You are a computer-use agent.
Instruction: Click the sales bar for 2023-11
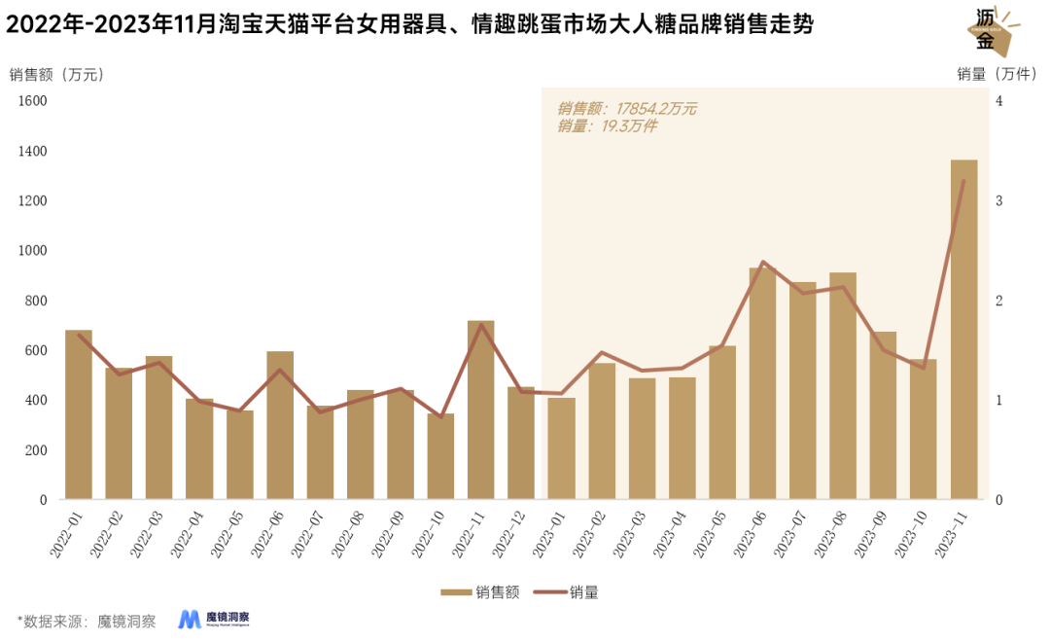pyautogui.click(x=963, y=331)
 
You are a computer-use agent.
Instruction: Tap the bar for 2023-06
pyautogui.click(x=762, y=384)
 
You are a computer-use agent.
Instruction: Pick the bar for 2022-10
pyautogui.click(x=440, y=457)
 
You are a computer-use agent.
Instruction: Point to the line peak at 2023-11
pyautogui.click(x=963, y=181)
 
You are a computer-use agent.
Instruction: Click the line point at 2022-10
pyautogui.click(x=440, y=417)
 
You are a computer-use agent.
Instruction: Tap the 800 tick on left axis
pyautogui.click(x=35, y=301)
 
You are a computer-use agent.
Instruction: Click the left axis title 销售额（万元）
pyautogui.click(x=56, y=74)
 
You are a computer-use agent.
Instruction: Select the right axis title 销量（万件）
pyautogui.click(x=995, y=74)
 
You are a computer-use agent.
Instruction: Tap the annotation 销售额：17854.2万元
pyautogui.click(x=626, y=109)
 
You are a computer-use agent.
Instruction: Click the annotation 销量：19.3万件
pyautogui.click(x=607, y=126)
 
